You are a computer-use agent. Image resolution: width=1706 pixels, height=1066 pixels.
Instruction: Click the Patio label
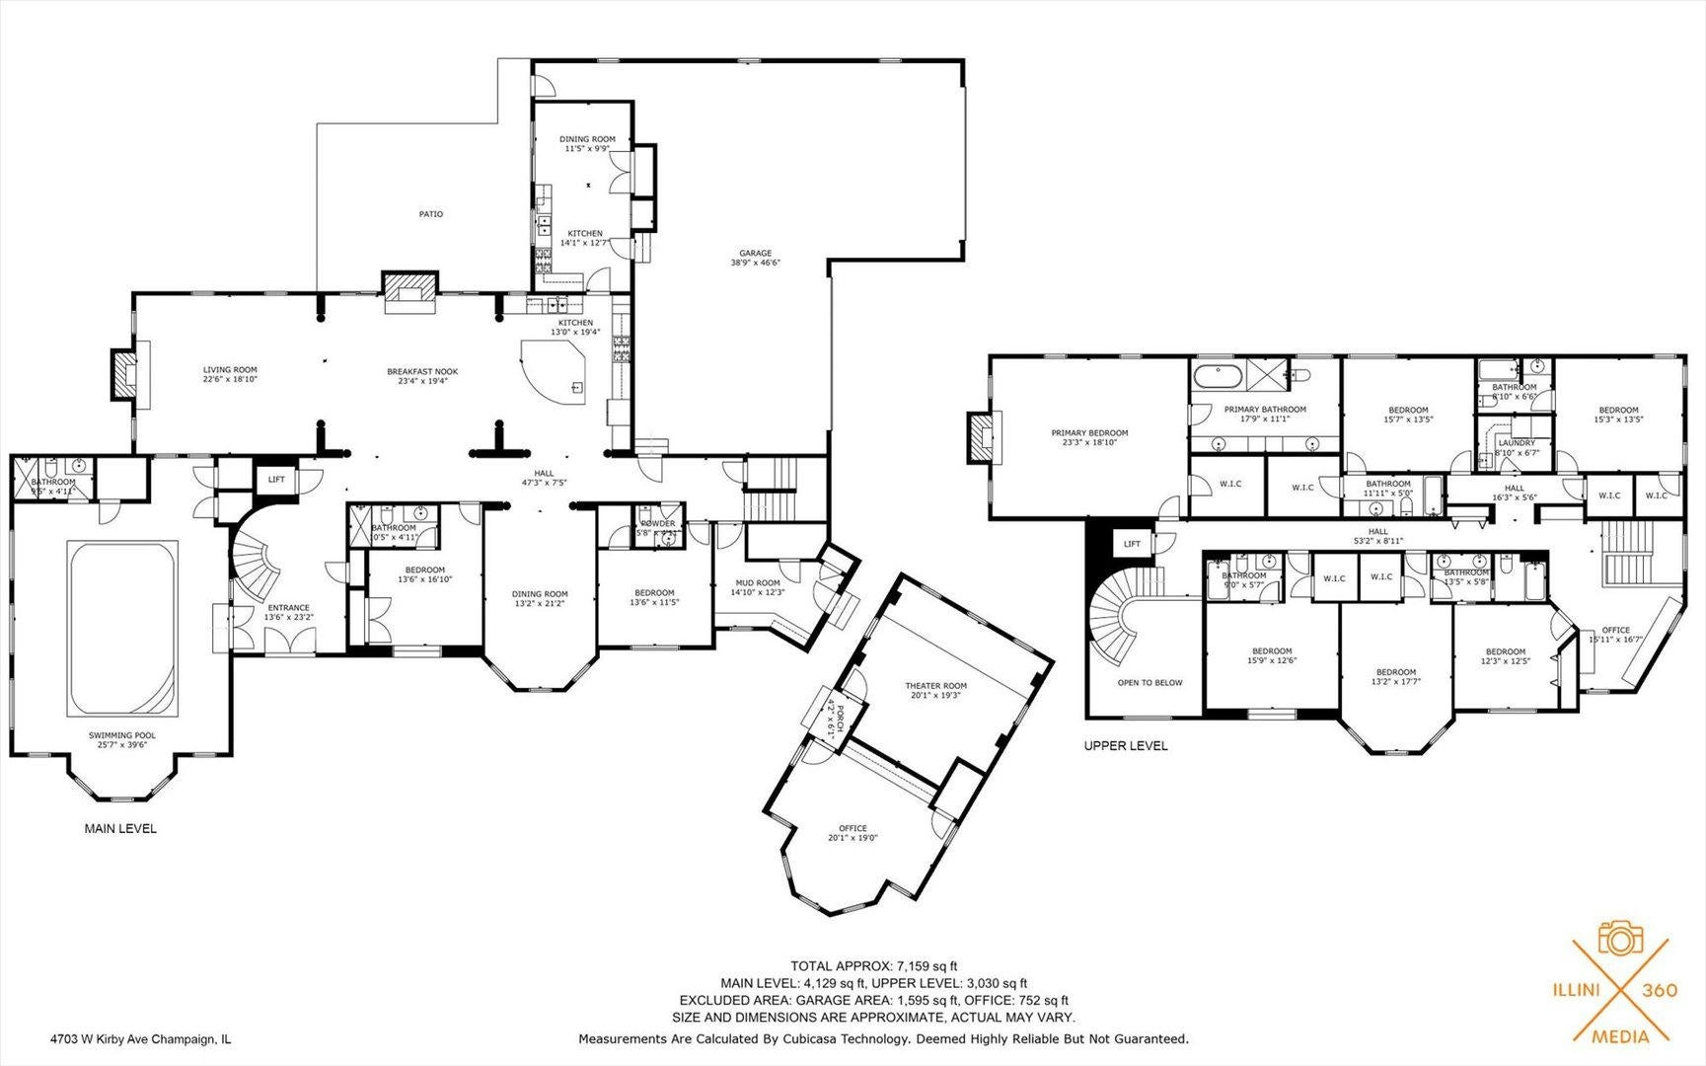coord(430,214)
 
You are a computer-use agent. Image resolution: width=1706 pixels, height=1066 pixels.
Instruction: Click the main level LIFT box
coord(275,479)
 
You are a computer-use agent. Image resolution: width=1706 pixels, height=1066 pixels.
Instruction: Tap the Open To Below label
coord(1150,683)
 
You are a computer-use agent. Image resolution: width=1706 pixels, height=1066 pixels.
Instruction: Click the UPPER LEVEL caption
coord(1125,746)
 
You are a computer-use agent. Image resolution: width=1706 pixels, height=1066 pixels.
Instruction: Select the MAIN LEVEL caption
coord(120,829)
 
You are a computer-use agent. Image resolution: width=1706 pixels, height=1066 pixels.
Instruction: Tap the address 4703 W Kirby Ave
coord(140,1038)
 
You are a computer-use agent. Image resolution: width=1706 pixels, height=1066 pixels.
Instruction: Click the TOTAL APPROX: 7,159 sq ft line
coord(873,965)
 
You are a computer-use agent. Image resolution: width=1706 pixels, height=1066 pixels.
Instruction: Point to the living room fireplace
coord(124,372)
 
